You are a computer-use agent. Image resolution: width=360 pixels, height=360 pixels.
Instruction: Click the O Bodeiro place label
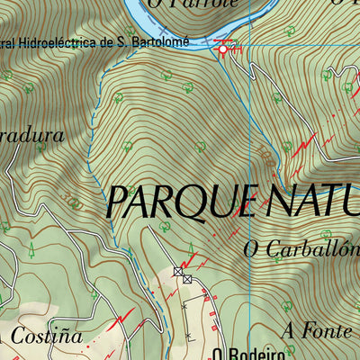[x=243, y=354]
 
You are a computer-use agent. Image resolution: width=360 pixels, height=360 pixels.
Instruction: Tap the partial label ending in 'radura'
[x=31, y=136]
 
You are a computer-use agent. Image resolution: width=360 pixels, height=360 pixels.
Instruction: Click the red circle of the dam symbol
[x=223, y=49]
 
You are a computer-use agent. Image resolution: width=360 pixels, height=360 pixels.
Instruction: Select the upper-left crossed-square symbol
[x=177, y=270]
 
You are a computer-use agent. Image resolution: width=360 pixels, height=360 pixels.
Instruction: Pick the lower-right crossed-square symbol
[x=187, y=280]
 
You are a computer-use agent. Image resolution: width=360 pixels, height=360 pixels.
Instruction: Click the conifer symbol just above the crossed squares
[x=190, y=248]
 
